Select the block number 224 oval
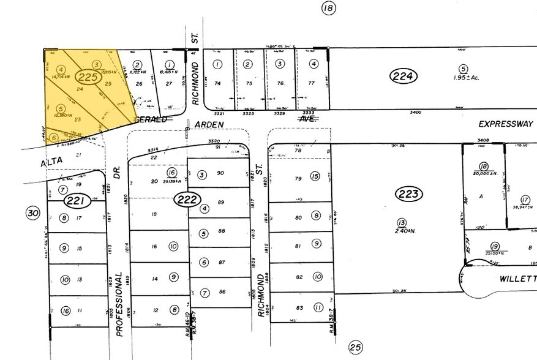click(x=404, y=76)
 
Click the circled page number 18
click(x=329, y=8)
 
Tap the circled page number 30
click(x=32, y=212)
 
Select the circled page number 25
click(x=355, y=347)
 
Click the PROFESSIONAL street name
click(x=119, y=304)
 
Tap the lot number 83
click(x=299, y=307)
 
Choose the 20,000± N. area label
click(x=484, y=173)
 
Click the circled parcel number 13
click(x=401, y=222)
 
